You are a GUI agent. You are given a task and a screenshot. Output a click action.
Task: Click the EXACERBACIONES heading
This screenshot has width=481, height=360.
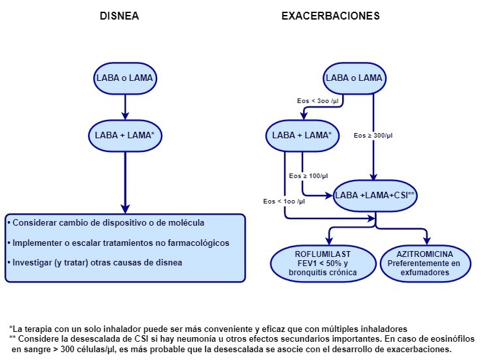coord(330,15)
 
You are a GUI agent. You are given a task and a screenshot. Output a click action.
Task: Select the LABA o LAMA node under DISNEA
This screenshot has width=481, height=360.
coord(124,78)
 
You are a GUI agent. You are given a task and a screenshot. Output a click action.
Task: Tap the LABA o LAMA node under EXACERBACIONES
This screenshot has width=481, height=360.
coord(354,78)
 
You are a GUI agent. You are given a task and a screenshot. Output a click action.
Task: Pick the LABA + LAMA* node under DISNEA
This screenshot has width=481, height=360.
coord(124,136)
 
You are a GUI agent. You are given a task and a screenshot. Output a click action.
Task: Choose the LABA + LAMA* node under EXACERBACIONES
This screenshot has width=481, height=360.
coord(302,136)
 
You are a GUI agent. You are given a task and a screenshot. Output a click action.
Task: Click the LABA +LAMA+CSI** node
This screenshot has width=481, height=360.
coord(375,195)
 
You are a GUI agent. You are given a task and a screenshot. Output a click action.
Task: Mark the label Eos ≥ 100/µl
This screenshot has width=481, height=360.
coord(308,176)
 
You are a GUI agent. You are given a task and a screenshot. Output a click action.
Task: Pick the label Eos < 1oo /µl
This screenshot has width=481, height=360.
coord(284,201)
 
